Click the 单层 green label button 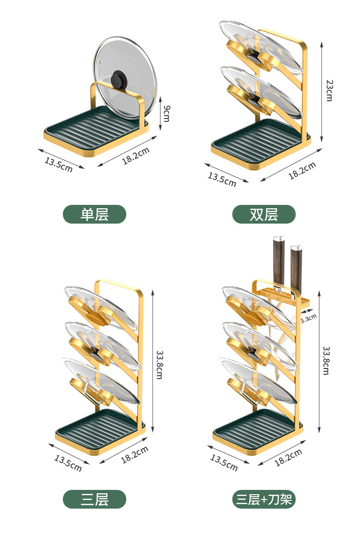pos(95,214)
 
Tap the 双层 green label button pos(264,214)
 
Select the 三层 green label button pos(95,499)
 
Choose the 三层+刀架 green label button pos(264,499)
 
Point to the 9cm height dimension pos(166,113)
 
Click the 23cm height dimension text pos(329,90)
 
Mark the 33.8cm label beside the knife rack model pos(326,360)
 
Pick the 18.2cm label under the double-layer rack pos(302,171)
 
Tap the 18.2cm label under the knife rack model pos(288,458)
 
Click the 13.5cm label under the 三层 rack pos(68,462)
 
